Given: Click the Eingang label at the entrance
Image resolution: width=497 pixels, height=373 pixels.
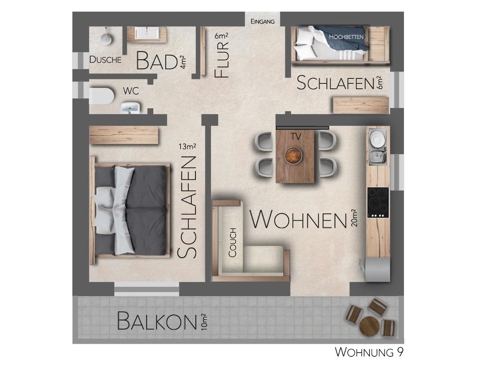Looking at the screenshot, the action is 263,22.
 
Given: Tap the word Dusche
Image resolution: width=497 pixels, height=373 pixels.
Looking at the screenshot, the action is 105,60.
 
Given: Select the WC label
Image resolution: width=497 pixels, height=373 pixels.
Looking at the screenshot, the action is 131,91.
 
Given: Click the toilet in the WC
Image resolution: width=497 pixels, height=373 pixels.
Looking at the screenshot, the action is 101,96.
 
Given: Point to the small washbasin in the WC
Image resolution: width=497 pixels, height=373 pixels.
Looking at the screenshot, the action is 130,107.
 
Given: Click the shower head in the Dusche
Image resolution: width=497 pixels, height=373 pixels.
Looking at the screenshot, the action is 106,39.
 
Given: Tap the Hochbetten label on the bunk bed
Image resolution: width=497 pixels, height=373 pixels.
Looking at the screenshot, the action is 346,37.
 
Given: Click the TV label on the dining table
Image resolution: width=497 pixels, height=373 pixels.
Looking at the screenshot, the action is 296,137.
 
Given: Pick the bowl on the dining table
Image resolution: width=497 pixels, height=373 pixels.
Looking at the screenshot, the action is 294,155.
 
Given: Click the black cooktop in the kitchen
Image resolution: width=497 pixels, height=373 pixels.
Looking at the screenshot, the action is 378,202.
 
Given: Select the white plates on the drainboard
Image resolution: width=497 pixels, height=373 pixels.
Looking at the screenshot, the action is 377,139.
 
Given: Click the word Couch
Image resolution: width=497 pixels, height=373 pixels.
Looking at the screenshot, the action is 232,243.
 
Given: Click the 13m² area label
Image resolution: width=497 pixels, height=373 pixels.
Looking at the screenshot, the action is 187,146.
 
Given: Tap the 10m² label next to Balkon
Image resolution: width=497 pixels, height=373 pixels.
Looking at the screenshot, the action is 203,322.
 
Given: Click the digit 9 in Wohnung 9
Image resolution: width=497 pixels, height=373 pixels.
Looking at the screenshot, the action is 400,352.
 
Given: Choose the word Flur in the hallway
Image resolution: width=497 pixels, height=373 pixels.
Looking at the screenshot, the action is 221,60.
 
